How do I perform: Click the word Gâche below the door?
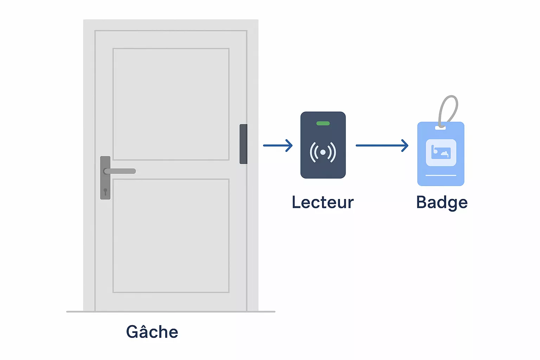[x=152, y=332]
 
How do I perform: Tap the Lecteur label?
[x=323, y=202]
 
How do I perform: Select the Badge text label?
[x=442, y=202]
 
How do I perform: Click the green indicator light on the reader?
[x=323, y=123]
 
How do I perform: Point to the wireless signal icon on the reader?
[x=323, y=152]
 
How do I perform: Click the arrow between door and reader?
[x=278, y=145]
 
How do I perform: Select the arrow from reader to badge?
[x=382, y=145]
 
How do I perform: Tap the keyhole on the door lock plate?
[x=105, y=191]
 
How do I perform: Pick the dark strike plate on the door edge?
[x=243, y=144]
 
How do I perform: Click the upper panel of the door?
[x=171, y=104]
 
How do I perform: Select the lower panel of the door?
[x=171, y=236]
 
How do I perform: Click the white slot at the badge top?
[x=441, y=128]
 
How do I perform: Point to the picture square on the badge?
[x=441, y=153]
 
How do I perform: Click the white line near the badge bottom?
[x=441, y=175]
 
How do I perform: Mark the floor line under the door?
[x=171, y=311]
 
